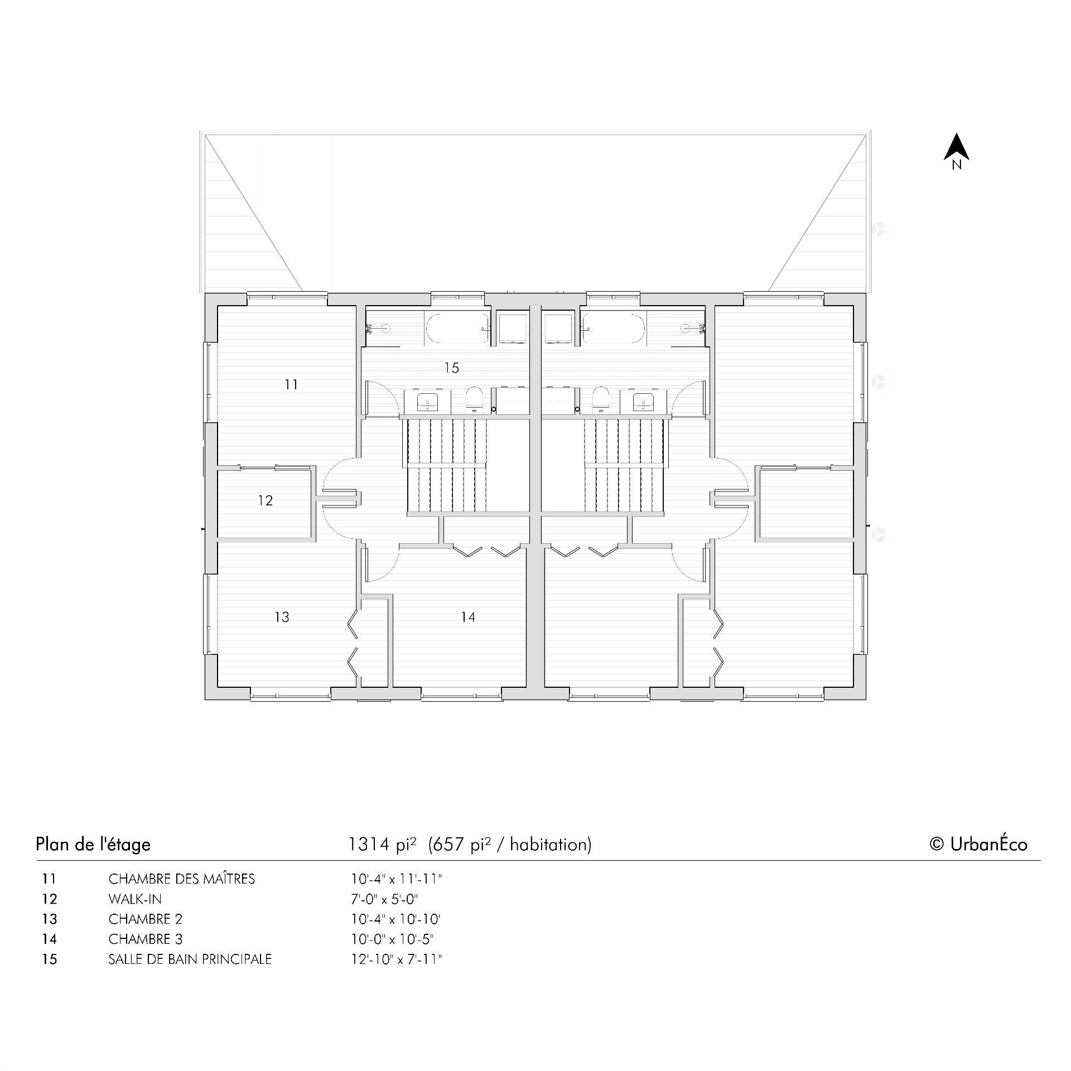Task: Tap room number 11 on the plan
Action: pyautogui.click(x=291, y=384)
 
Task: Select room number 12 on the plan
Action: pyautogui.click(x=266, y=500)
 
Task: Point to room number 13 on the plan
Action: pyautogui.click(x=282, y=617)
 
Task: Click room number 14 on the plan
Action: pyautogui.click(x=468, y=617)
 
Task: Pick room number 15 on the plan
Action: pyautogui.click(x=452, y=368)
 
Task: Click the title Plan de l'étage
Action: pyautogui.click(x=93, y=844)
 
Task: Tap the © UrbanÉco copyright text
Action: pyautogui.click(x=978, y=844)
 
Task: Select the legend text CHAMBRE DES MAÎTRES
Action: pyautogui.click(x=181, y=879)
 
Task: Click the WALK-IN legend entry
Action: pyautogui.click(x=135, y=899)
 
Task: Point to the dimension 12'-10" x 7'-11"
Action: pyautogui.click(x=396, y=959)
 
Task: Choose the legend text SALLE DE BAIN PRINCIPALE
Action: pyautogui.click(x=190, y=959)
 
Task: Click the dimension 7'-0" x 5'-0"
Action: pyautogui.click(x=384, y=899)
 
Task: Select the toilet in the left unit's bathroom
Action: pyautogui.click(x=475, y=398)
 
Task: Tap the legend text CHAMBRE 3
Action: pyautogui.click(x=146, y=939)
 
